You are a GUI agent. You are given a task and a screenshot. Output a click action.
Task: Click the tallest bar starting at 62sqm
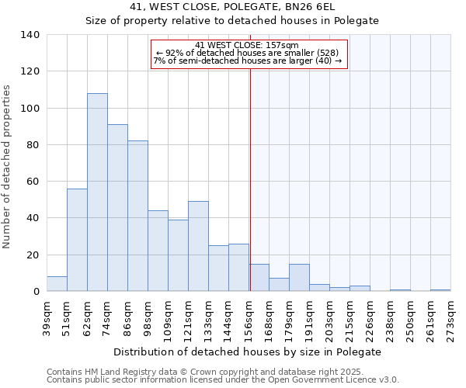coord(97,192)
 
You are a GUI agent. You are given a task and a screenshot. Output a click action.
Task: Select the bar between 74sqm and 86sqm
coord(117,208)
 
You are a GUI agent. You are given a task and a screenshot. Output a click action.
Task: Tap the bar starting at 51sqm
coord(77,240)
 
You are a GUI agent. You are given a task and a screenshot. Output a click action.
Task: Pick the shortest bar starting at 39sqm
coord(57,284)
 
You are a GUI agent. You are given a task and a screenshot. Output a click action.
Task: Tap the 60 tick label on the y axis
coord(33,182)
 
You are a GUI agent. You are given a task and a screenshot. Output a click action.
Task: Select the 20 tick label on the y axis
coord(33,255)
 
